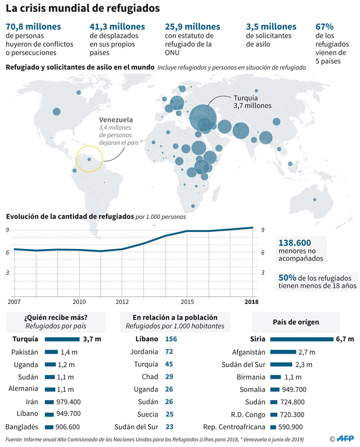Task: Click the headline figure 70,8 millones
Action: click(x=33, y=27)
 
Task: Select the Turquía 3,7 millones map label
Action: click(x=253, y=101)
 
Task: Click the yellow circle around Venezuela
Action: click(x=89, y=158)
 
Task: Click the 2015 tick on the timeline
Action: click(x=187, y=301)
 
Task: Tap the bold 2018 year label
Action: click(x=251, y=301)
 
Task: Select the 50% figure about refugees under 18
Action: click(x=287, y=277)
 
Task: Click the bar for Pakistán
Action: click(x=51, y=352)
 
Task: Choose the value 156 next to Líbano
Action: click(x=171, y=339)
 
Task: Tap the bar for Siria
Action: click(x=302, y=339)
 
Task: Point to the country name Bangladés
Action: click(x=22, y=426)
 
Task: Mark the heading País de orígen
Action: click(x=302, y=322)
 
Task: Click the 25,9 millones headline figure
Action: click(x=192, y=27)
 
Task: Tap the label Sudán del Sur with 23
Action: click(x=138, y=426)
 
